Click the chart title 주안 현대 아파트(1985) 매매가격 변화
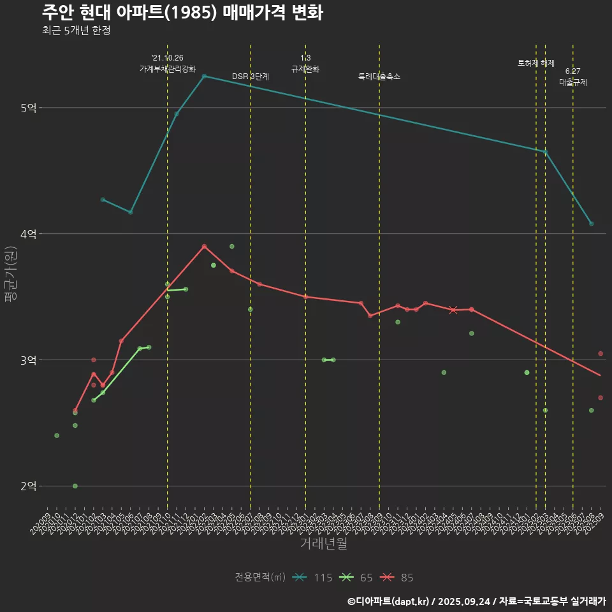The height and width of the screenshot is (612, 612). pos(182,13)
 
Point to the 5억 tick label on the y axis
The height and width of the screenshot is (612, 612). pos(29,108)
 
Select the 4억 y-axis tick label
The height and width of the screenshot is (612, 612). pos(29,234)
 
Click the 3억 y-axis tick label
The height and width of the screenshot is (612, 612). pos(29,360)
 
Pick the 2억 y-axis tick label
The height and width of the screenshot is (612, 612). pos(29,486)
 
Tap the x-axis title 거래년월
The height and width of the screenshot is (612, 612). pos(323,544)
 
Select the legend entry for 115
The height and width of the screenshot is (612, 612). pos(313,578)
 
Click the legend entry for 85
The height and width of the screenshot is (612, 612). pos(398,578)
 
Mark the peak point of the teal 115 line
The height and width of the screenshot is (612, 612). pos(204,76)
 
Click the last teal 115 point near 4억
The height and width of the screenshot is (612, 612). pos(592,224)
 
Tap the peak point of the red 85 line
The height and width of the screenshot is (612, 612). pos(204,246)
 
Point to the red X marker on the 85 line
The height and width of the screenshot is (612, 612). pos(453,310)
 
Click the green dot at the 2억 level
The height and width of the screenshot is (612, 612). pos(75,486)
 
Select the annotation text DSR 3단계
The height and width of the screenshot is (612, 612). pos(251,76)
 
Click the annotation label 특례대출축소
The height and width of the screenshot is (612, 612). pos(379,76)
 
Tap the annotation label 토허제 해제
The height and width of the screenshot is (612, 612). pos(536,63)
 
